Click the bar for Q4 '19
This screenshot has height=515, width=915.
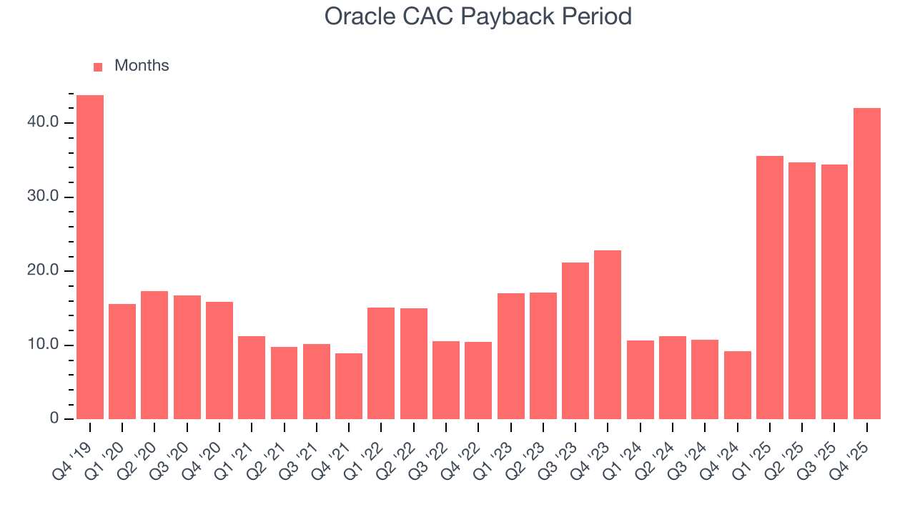point(90,257)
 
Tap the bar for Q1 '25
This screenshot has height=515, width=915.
point(770,287)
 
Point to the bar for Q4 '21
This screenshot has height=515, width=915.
point(349,386)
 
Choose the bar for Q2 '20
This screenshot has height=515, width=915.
point(154,355)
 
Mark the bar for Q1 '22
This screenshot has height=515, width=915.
point(381,363)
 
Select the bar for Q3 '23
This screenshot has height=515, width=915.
point(575,340)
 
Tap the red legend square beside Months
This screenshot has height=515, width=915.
point(98,67)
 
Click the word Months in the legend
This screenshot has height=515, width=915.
point(142,66)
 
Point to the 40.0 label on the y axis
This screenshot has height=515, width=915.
point(43,122)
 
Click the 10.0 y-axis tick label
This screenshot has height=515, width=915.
point(43,345)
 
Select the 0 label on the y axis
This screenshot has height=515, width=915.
point(54,418)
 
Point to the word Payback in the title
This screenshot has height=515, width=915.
point(510,16)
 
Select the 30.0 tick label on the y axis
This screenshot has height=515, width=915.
point(43,197)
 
